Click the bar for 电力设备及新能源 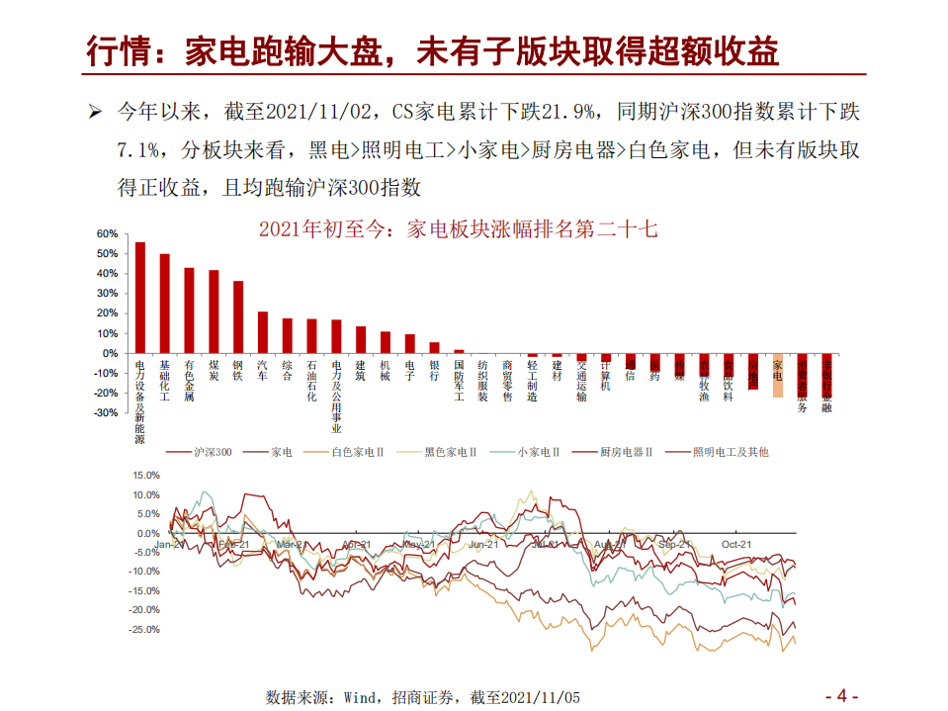(139, 298)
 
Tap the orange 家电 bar (778, 375)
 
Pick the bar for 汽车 (263, 332)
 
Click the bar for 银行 (434, 347)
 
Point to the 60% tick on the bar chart (107, 234)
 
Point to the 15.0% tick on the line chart (144, 476)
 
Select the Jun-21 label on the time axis (483, 544)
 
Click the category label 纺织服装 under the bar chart (482, 381)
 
